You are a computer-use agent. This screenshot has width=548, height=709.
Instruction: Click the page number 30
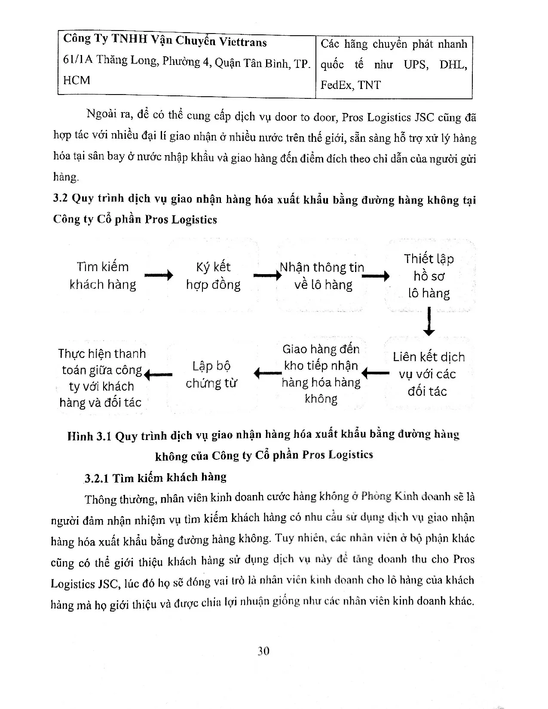(263, 651)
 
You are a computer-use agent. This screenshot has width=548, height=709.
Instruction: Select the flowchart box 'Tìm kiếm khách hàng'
(103, 276)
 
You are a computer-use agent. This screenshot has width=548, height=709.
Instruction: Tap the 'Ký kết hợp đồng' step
(213, 276)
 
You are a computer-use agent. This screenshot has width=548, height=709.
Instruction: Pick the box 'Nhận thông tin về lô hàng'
(322, 276)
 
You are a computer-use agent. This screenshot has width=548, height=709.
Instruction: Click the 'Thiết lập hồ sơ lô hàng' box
(429, 276)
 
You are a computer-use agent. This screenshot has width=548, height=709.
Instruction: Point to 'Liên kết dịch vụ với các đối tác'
(428, 374)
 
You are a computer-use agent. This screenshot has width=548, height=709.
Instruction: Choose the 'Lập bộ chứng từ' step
(211, 374)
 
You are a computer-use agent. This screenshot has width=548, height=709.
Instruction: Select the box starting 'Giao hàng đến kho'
(321, 374)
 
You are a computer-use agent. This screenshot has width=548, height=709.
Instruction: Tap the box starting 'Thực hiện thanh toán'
(102, 378)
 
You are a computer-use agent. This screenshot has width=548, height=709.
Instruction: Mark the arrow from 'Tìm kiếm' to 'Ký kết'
(159, 275)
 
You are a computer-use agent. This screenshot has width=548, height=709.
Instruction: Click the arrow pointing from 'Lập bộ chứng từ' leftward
(158, 375)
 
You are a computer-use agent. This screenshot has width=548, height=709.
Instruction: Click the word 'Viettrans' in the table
(243, 42)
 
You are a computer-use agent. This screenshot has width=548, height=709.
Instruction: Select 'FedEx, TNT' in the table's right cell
(350, 85)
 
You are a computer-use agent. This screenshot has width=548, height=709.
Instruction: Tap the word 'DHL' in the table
(453, 64)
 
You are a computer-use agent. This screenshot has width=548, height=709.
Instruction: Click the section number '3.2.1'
(97, 478)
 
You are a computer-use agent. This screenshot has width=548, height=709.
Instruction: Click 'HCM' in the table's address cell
(77, 80)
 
